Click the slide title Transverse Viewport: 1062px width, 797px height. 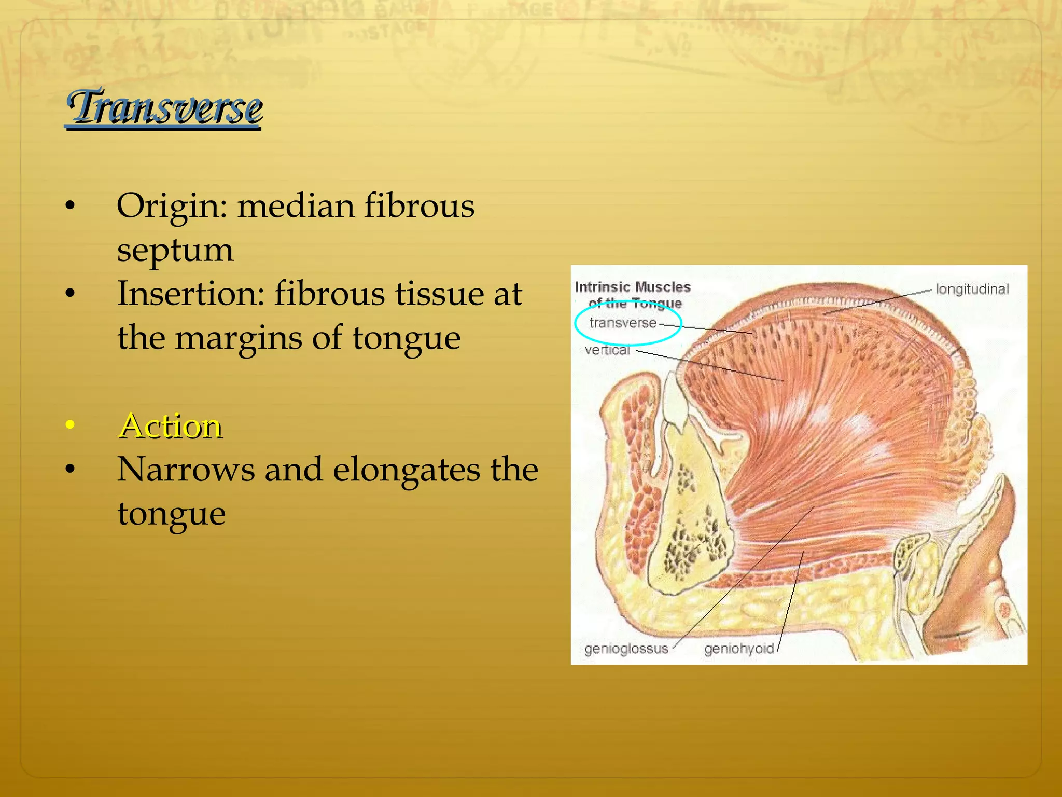pyautogui.click(x=164, y=108)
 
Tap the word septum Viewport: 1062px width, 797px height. pyautogui.click(x=175, y=250)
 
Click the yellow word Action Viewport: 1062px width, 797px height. pyautogui.click(x=170, y=426)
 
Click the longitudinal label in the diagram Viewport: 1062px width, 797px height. pyautogui.click(x=972, y=289)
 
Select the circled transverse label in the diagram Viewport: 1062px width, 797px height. pyautogui.click(x=623, y=323)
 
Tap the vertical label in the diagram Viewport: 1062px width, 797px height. pyautogui.click(x=607, y=350)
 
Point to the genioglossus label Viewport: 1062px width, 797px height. pyautogui.click(x=626, y=649)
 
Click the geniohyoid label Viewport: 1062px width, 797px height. pyautogui.click(x=738, y=649)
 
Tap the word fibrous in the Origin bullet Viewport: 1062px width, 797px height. pyautogui.click(x=419, y=206)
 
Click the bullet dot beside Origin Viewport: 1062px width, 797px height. pyautogui.click(x=71, y=207)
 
